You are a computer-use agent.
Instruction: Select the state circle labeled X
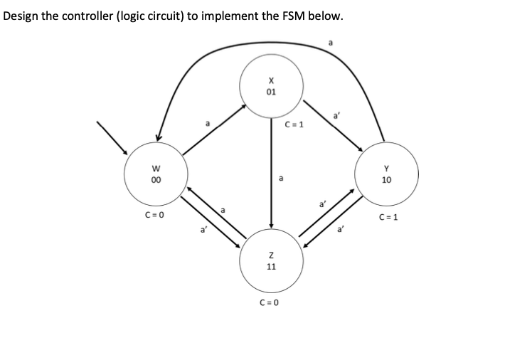271,87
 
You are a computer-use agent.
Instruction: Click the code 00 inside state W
155,180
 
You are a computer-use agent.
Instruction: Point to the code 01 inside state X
271,92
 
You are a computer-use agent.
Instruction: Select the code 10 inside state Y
386,180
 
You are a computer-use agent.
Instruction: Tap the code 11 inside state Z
271,267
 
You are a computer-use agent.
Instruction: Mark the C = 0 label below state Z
270,302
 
